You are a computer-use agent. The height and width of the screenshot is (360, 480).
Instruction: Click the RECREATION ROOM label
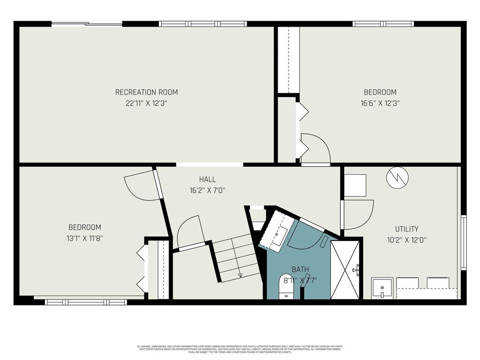click(x=146, y=92)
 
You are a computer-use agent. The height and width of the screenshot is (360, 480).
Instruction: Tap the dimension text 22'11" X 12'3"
click(x=146, y=104)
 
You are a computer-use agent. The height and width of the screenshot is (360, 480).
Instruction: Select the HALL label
click(x=207, y=179)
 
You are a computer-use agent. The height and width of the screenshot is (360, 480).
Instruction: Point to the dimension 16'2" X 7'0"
click(x=207, y=190)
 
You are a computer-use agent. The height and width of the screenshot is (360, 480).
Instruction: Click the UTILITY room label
click(x=406, y=229)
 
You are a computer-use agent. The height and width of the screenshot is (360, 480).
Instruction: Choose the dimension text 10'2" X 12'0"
click(x=406, y=240)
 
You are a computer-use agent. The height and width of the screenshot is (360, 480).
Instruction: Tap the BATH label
click(x=300, y=269)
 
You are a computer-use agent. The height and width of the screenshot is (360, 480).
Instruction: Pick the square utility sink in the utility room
click(x=382, y=288)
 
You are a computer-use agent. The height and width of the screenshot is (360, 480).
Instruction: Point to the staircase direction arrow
click(x=240, y=275)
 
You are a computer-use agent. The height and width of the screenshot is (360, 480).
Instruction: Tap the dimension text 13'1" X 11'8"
click(x=85, y=238)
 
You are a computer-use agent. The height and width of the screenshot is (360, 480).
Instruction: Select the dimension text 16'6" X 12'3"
click(x=380, y=104)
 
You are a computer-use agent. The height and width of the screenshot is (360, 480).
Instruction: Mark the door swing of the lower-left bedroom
click(x=141, y=185)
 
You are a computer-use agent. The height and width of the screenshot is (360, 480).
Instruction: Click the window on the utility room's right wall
click(x=463, y=242)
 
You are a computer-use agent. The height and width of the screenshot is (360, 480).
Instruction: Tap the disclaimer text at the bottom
click(x=240, y=349)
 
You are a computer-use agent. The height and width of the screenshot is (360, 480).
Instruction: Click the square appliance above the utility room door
click(x=355, y=185)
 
